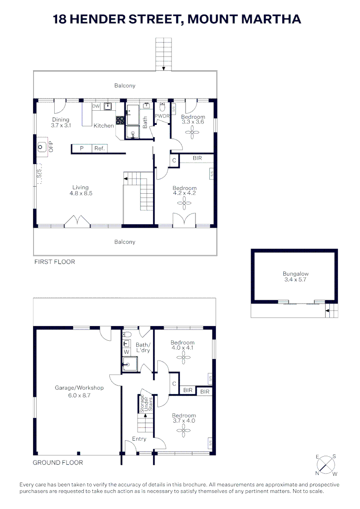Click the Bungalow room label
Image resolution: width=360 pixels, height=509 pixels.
point(295,274)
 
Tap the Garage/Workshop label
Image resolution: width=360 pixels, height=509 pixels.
point(79,387)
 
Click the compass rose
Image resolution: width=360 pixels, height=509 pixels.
point(326,465)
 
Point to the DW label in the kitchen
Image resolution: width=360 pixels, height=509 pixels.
point(96,106)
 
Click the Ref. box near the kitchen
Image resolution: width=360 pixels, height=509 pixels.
point(99,148)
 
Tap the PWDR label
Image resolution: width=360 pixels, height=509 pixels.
point(162,116)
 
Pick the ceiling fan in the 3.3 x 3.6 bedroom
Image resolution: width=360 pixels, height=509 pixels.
point(192,132)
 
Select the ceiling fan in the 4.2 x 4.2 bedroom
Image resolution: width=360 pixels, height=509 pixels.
point(184,204)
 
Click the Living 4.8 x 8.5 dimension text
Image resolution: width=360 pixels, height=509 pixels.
point(81,193)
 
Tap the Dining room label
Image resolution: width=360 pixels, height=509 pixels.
point(61,119)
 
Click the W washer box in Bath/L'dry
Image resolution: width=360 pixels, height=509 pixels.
point(126,352)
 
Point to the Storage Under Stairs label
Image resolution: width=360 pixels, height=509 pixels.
point(146,403)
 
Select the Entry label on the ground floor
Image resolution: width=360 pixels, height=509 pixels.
point(139,439)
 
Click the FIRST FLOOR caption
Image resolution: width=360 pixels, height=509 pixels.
point(55,262)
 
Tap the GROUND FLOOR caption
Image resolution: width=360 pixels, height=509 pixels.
point(58,463)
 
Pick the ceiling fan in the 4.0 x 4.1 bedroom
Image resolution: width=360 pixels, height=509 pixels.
point(184,358)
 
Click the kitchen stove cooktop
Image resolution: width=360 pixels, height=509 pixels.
point(120,121)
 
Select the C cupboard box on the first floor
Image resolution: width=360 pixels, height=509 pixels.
point(174,160)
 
